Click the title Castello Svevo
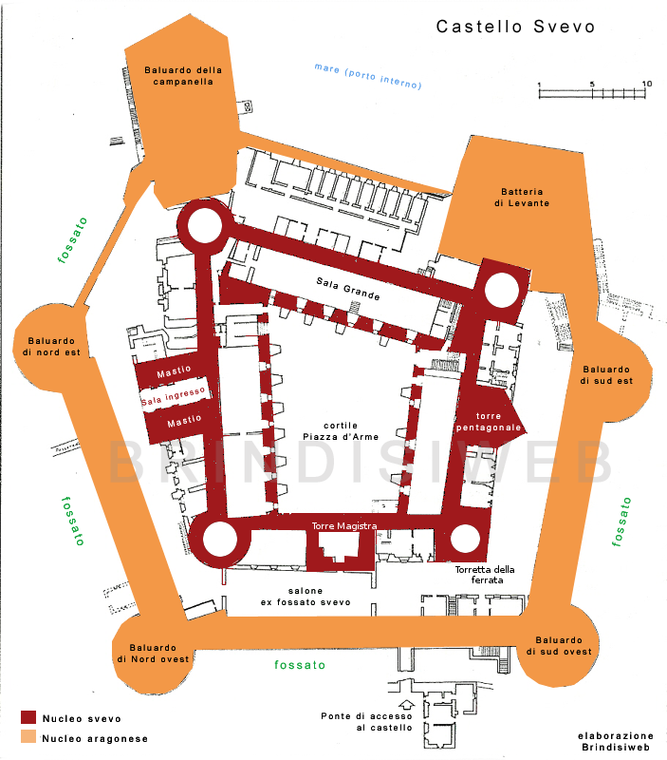[x=515, y=27]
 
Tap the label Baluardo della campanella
[x=183, y=76]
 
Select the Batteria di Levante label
[x=522, y=198]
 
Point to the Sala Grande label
[x=348, y=289]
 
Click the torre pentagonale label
[x=489, y=422]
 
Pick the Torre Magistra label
[x=344, y=526]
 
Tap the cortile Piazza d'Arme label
[x=341, y=431]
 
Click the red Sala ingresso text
[x=174, y=396]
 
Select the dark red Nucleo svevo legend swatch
[x=28, y=717]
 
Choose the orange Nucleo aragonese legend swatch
[x=28, y=737]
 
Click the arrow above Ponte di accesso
[x=407, y=704]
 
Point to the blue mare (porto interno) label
[x=368, y=76]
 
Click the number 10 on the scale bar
[x=647, y=84]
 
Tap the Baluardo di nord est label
[x=51, y=347]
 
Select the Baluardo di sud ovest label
[x=559, y=646]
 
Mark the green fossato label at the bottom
[x=300, y=664]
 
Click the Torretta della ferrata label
[x=485, y=575]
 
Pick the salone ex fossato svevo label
[x=306, y=597]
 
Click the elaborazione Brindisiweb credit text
[x=616, y=742]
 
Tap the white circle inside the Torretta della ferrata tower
[x=465, y=539]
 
